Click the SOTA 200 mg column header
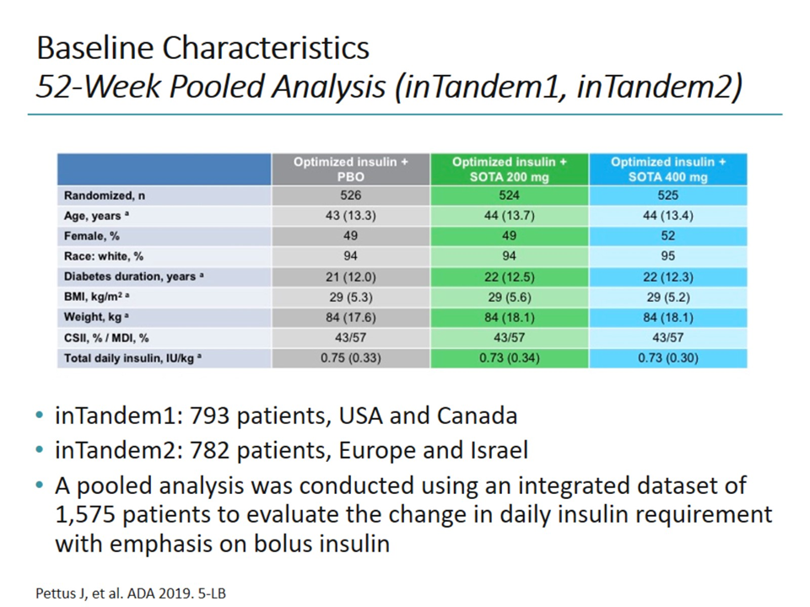509,169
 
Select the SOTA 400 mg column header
667,169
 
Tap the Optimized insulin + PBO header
350,169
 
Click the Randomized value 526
350,196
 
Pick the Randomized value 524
509,196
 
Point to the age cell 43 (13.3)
350,216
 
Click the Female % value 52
667,236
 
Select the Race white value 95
667,256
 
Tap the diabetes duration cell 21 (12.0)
350,277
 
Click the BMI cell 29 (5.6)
509,297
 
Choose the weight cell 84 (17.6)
350,317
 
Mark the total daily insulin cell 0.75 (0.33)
350,358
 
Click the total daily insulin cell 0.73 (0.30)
667,358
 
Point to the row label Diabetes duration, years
130,277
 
